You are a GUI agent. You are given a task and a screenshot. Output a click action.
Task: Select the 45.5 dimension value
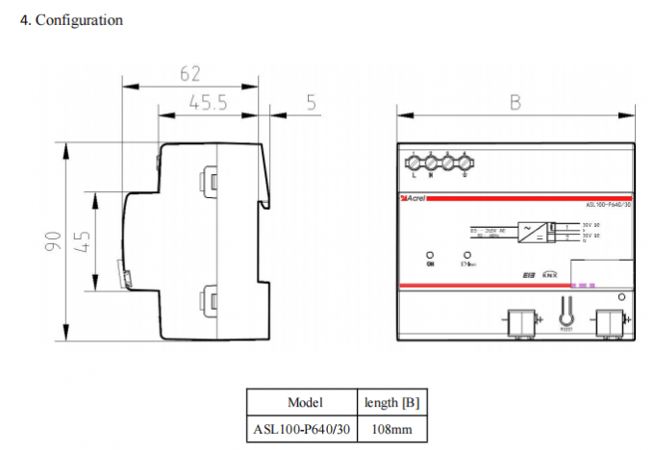click(x=207, y=103)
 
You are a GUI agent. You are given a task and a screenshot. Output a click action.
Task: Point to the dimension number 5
click(x=312, y=103)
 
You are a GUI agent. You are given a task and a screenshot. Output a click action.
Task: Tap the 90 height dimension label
click(x=54, y=240)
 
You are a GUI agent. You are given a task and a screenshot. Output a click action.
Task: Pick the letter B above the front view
click(x=516, y=103)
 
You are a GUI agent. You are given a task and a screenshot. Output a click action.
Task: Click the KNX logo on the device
click(x=550, y=274)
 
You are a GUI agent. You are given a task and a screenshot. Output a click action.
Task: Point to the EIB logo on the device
click(x=528, y=274)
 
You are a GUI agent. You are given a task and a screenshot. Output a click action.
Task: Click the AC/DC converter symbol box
click(x=530, y=231)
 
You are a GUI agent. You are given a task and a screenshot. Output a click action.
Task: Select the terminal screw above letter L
click(x=414, y=160)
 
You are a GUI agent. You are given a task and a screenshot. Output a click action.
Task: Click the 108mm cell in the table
click(x=385, y=428)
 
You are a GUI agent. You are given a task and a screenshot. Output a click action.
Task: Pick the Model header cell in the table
click(x=305, y=402)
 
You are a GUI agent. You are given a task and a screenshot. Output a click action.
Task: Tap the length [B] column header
click(x=385, y=402)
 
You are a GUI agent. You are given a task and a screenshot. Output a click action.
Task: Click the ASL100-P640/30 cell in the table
click(x=304, y=428)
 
